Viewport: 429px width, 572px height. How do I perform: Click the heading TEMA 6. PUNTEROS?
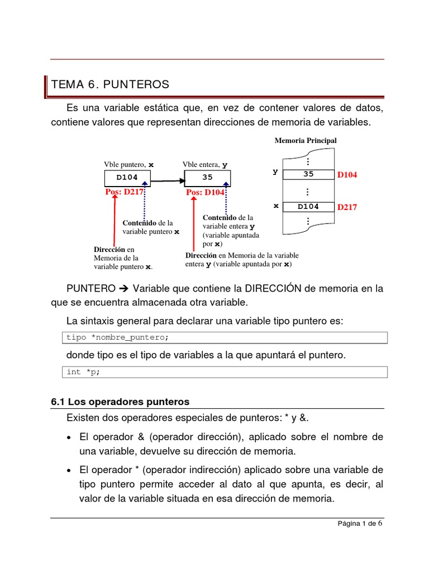coord(110,84)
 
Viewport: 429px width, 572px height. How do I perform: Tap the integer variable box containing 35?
coord(207,178)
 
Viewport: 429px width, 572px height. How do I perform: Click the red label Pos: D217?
coord(125,192)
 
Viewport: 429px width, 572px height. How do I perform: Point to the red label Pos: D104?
coord(205,193)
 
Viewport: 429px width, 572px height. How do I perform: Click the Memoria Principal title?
coord(305,140)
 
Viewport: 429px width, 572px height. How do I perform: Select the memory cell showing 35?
coord(308,174)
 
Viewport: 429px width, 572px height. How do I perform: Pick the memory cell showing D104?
coord(308,207)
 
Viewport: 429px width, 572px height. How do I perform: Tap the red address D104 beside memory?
coord(347,175)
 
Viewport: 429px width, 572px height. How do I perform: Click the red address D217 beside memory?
coord(347,207)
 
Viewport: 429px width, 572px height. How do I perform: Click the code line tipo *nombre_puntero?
coord(117,337)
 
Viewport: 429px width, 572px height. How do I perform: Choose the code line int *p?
coord(83,372)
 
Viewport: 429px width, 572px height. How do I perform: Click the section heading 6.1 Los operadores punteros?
coord(120,402)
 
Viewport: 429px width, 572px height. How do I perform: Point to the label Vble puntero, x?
coord(128,165)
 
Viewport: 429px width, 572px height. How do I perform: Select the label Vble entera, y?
coord(205,165)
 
